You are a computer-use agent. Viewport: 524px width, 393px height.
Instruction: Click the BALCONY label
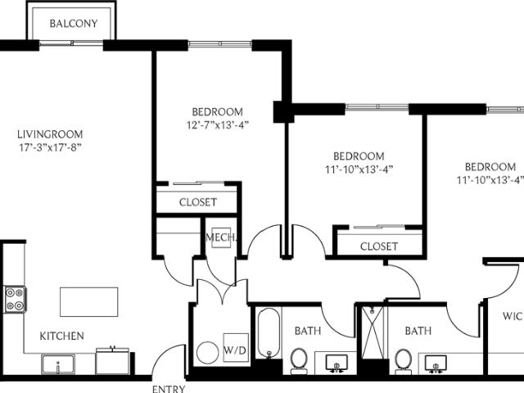[74, 24]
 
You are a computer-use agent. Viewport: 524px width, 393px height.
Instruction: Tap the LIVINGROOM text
[50, 134]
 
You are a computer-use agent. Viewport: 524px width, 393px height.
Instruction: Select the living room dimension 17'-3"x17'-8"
[50, 147]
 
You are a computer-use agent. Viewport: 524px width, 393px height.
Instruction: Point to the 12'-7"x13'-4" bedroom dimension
[218, 125]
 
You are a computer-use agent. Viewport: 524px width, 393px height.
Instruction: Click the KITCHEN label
[62, 336]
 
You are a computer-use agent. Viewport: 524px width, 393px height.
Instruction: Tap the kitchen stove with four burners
[15, 300]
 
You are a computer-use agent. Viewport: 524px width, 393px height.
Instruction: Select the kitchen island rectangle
[89, 302]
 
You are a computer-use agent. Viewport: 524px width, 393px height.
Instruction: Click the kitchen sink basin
[58, 364]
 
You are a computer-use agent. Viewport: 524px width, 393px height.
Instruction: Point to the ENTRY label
[169, 389]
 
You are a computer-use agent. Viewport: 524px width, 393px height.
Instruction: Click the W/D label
[235, 350]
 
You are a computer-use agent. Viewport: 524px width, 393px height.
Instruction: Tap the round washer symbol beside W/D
[207, 353]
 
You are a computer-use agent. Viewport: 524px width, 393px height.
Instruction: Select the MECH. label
[221, 237]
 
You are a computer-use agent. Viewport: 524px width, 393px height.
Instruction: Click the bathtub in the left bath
[269, 333]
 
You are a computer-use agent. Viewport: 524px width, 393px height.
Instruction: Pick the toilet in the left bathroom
[298, 361]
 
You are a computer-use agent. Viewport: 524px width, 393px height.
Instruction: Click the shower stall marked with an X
[373, 332]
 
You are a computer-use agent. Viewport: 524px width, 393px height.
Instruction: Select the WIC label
[513, 316]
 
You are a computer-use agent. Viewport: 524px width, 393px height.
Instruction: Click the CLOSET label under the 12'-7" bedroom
[198, 202]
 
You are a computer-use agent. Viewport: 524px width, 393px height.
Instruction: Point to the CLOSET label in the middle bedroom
[379, 246]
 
